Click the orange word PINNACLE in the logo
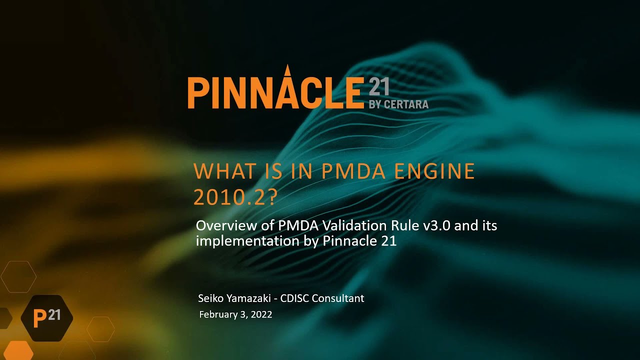coord(274,92)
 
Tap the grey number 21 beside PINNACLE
coord(378,87)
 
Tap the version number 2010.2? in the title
coord(235,198)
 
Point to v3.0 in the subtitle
coord(437,225)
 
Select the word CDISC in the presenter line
coord(295,298)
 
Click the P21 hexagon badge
coord(47,318)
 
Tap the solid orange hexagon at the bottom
coord(18,351)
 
